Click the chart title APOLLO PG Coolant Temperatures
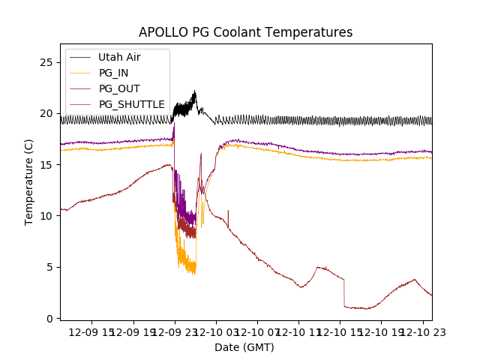pyautogui.click(x=245, y=32)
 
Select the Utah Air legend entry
pyautogui.click(x=119, y=57)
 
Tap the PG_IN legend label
pyautogui.click(x=113, y=73)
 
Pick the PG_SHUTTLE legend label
pyautogui.click(x=132, y=104)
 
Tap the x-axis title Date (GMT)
pyautogui.click(x=244, y=347)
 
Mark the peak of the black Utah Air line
pyautogui.click(x=195, y=92)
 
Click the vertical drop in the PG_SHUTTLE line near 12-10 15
pyautogui.click(x=344, y=292)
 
